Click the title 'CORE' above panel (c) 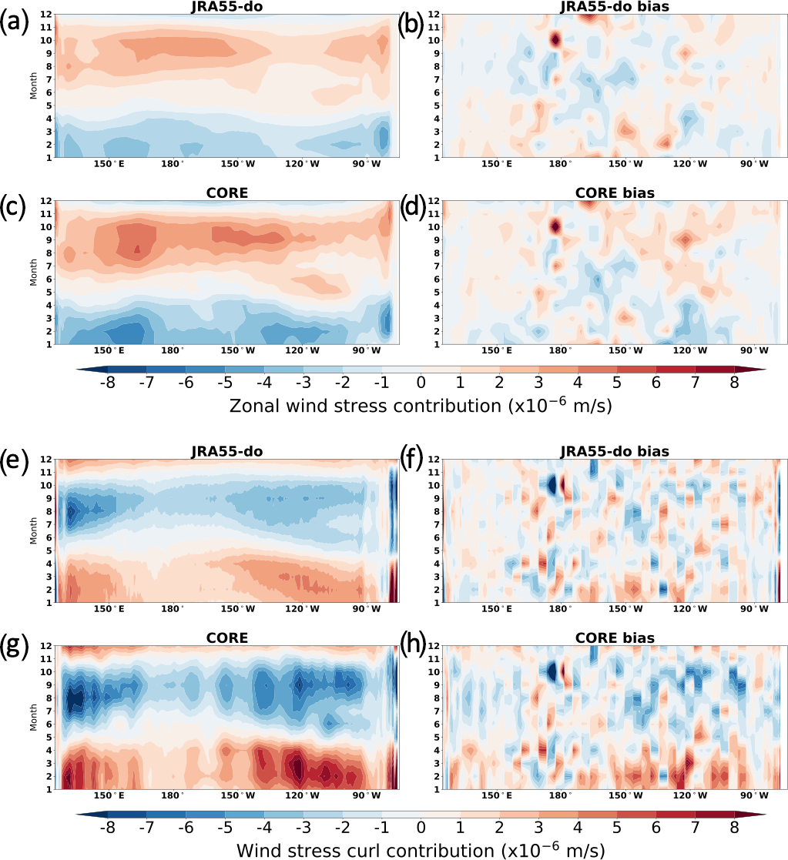click(229, 193)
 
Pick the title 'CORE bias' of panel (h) click(614, 638)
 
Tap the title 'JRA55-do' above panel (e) click(229, 450)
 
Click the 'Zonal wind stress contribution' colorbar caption click(421, 405)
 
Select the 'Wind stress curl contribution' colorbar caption click(421, 850)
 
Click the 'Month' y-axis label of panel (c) click(33, 273)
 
